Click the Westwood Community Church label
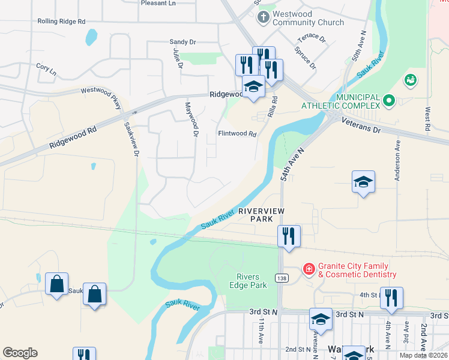308,18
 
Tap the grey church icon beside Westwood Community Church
262,18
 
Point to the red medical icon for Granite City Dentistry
309,269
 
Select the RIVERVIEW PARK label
261,215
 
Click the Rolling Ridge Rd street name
61,21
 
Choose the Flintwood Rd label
237,134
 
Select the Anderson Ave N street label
397,161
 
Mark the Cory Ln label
46,70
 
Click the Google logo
20,353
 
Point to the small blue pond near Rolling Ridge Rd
91,38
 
